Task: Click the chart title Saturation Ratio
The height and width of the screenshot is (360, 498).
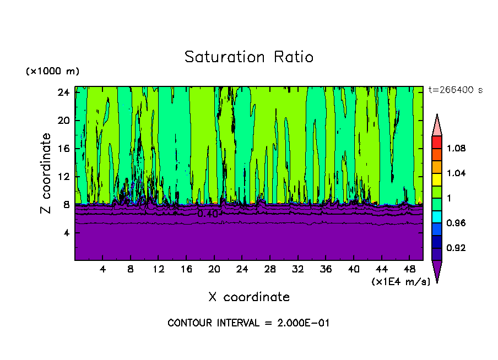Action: tap(249, 57)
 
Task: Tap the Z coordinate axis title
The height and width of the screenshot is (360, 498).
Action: tap(47, 173)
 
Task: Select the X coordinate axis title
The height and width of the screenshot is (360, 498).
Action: tap(249, 297)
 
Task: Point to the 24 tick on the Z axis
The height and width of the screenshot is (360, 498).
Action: tap(63, 92)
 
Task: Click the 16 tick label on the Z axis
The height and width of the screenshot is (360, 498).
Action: tap(63, 149)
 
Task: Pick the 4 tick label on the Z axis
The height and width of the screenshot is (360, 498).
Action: tap(66, 233)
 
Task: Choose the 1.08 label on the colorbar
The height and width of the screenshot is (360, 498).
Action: tap(456, 149)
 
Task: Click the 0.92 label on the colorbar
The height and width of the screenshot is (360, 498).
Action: tap(456, 248)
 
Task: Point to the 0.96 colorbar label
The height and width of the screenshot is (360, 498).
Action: tap(456, 223)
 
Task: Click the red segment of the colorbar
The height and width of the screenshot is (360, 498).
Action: tap(437, 142)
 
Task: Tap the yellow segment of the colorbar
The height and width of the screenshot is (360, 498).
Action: tap(437, 179)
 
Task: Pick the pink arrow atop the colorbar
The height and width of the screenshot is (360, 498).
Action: tap(437, 124)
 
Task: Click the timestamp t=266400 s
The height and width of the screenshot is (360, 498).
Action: tap(455, 90)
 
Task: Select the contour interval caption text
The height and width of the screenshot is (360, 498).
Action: tap(248, 323)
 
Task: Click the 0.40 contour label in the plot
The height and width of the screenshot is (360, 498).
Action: tap(208, 214)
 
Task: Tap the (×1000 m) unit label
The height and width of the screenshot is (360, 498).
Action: tap(52, 72)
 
